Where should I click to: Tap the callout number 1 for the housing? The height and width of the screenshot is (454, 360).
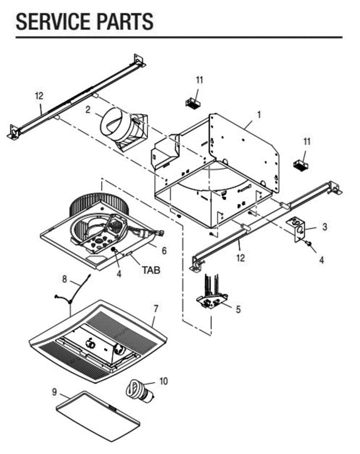(x=259, y=115)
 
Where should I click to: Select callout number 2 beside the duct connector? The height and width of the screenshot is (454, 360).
(x=88, y=110)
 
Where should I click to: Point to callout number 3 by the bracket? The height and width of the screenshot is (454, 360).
(x=325, y=226)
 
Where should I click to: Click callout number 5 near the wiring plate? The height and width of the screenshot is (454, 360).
(x=238, y=309)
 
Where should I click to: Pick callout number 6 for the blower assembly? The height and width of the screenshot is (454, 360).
(x=164, y=251)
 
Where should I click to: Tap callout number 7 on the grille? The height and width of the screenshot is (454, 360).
(x=156, y=309)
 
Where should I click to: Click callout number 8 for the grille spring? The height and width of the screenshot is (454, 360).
(x=64, y=279)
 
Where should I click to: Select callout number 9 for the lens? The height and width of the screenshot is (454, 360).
(x=55, y=392)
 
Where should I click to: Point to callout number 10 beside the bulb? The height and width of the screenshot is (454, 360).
(x=164, y=382)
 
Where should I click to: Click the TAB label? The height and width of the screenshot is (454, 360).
(x=151, y=270)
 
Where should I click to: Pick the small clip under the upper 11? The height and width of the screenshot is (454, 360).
(x=193, y=103)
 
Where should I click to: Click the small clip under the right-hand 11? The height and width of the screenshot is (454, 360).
(x=301, y=165)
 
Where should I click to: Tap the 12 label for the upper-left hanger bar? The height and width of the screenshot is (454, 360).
(x=39, y=96)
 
